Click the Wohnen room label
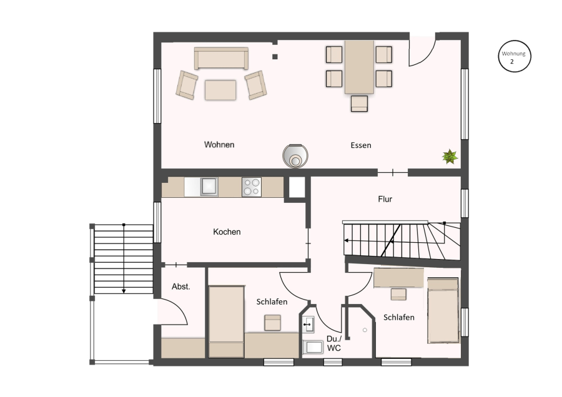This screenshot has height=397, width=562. click(x=219, y=145)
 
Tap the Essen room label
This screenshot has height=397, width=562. click(x=360, y=145)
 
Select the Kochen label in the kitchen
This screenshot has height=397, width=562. click(x=227, y=232)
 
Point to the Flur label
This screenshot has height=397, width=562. click(x=385, y=199)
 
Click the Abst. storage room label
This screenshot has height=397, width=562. click(x=180, y=287)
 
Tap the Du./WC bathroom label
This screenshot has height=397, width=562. click(x=334, y=343)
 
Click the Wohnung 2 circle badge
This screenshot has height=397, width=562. click(x=515, y=56)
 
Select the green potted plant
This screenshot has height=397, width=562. click(x=450, y=157)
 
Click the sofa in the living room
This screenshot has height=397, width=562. click(x=221, y=58)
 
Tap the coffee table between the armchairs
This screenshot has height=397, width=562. click(x=220, y=90)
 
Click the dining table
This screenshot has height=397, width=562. click(x=359, y=67)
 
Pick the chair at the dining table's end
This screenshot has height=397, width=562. click(x=359, y=104)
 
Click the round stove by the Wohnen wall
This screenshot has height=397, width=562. click(x=295, y=156)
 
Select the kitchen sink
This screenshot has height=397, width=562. click(x=209, y=186)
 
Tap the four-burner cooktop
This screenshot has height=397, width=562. click(x=252, y=187)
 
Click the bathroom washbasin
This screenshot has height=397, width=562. click(x=308, y=325)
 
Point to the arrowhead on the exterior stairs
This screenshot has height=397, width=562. click(x=124, y=291)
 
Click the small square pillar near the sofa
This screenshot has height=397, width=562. click(x=275, y=57)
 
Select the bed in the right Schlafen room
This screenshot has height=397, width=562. click(x=443, y=310)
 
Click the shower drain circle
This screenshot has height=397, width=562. click(x=365, y=330)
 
